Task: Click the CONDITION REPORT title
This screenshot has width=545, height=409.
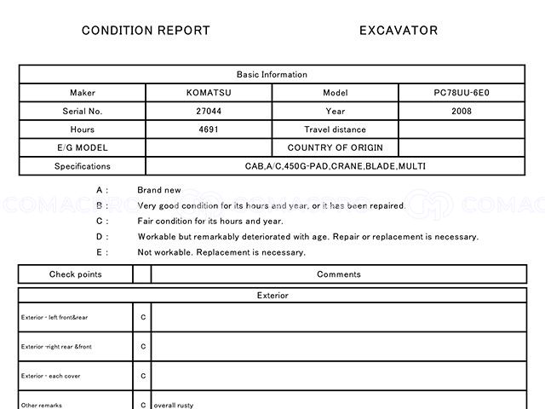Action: (x=146, y=31)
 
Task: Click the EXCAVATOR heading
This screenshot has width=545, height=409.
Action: (x=399, y=31)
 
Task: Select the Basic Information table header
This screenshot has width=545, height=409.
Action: (x=272, y=75)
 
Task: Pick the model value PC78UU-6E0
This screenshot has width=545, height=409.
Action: (x=462, y=93)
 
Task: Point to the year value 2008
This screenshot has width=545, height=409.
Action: (x=462, y=112)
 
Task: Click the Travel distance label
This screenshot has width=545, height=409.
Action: (x=336, y=130)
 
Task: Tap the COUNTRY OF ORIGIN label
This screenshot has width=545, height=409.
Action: (x=336, y=147)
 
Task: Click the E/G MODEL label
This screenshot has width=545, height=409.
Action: (x=83, y=147)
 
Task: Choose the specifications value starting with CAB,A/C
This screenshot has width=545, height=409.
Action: (x=336, y=166)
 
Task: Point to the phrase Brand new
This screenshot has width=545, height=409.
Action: (x=159, y=190)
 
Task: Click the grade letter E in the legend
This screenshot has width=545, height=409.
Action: (x=100, y=252)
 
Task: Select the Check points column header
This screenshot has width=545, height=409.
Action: (x=75, y=274)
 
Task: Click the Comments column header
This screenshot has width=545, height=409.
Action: (x=338, y=274)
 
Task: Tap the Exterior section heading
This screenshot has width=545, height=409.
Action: (x=272, y=296)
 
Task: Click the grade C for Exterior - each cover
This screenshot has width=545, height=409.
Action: (x=143, y=376)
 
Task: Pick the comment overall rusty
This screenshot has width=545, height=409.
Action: (x=174, y=405)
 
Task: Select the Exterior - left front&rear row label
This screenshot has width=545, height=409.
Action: (x=54, y=318)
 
